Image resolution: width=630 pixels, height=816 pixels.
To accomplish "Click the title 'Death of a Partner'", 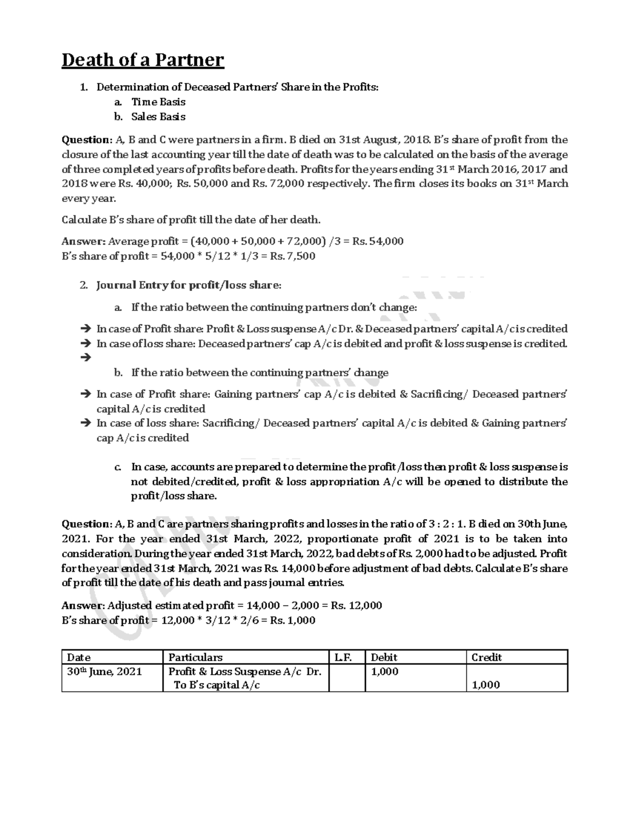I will point(143,60).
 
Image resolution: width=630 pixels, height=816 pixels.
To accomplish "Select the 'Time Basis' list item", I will point(158,102).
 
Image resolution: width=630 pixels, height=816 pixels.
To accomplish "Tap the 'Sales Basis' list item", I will point(158,117).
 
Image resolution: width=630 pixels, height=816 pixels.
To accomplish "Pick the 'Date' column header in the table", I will point(79,657).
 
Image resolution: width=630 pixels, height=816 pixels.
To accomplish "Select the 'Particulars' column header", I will point(195,657).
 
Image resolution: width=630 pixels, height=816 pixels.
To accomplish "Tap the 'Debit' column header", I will point(384,657).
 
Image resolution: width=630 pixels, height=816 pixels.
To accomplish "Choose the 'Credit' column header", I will point(487,657).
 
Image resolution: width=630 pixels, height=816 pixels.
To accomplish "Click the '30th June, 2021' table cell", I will point(104,672).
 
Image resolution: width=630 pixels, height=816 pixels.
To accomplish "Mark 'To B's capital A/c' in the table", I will point(217,685).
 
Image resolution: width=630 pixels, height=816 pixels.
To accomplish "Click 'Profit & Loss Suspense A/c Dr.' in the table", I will point(245,672).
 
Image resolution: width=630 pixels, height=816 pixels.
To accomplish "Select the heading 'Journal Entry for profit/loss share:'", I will point(188,285).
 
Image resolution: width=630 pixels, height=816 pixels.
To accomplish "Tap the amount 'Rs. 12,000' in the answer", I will point(356,605).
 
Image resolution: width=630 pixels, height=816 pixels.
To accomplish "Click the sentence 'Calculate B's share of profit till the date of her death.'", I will point(191,220).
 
